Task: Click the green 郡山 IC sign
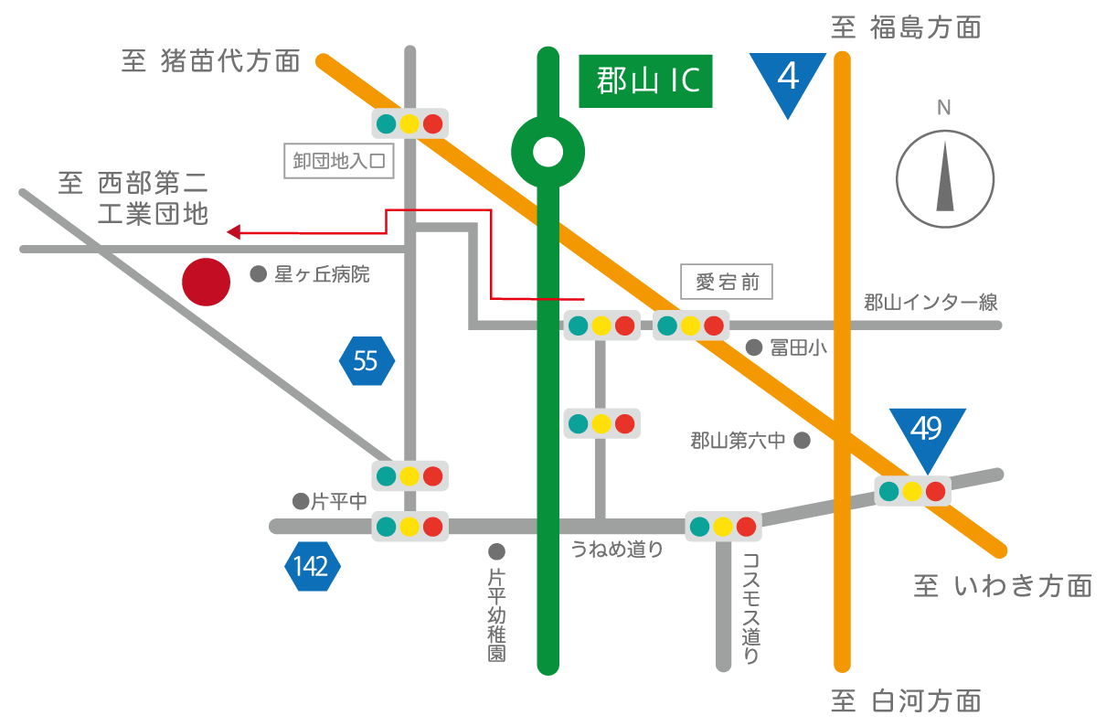645,80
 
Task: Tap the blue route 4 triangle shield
787,80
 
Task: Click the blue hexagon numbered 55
366,361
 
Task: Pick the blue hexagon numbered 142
312,567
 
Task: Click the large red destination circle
206,282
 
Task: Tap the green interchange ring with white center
548,152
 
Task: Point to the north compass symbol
943,178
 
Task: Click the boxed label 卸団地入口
338,162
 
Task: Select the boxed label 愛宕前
727,282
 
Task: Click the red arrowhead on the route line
233,232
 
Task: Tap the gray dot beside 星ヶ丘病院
258,273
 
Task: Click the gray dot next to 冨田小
754,347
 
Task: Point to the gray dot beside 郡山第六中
802,441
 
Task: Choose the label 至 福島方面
906,27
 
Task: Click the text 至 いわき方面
1003,585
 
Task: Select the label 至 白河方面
906,701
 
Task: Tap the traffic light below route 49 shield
912,491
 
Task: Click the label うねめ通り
617,549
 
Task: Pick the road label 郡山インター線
931,303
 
